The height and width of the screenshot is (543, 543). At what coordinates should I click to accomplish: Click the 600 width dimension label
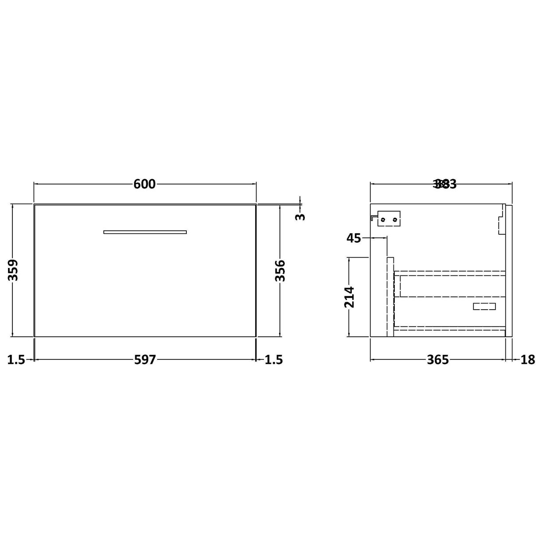(x=145, y=184)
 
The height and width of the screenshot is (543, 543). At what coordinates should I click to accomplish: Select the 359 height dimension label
(x=14, y=270)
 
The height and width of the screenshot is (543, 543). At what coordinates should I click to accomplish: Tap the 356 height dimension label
(x=280, y=271)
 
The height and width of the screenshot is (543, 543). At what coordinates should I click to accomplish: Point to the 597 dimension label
(x=145, y=360)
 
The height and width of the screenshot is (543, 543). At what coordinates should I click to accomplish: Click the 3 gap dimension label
(x=301, y=216)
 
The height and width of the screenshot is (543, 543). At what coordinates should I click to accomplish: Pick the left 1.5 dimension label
(x=16, y=360)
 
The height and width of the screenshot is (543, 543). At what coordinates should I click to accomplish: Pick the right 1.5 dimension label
(x=273, y=360)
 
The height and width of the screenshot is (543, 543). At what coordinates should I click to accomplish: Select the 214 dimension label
(x=350, y=297)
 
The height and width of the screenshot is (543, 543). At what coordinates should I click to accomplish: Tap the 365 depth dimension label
(x=437, y=360)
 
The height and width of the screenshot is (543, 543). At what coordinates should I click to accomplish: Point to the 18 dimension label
(x=528, y=360)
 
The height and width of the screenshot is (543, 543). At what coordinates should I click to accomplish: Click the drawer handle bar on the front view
(x=145, y=232)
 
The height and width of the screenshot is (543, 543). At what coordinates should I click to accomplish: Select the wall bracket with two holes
(x=389, y=219)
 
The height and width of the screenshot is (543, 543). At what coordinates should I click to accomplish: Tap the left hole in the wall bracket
(x=383, y=219)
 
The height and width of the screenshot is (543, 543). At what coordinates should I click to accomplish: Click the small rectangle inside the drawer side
(x=484, y=306)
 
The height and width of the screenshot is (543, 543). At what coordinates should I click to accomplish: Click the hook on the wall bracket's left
(x=373, y=217)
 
